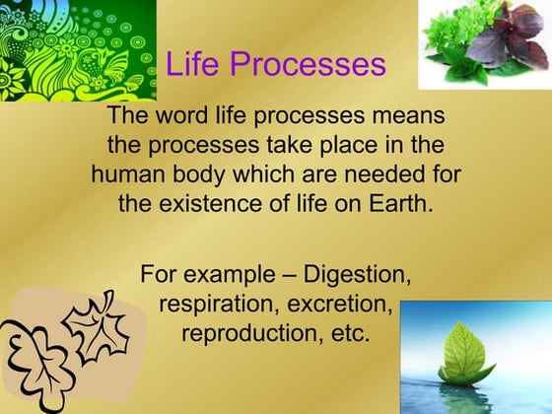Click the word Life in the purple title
(191, 65)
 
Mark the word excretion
(336, 302)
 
